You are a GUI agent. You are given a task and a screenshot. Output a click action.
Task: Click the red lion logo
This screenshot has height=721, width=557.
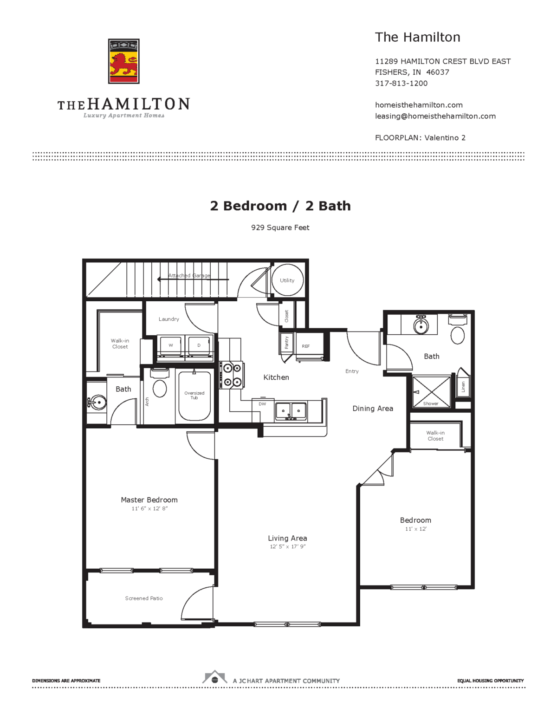coord(123,61)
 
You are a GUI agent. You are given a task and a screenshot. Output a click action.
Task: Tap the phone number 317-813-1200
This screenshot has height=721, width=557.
coord(401,84)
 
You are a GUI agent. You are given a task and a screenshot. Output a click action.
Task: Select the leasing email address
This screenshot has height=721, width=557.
coord(435,116)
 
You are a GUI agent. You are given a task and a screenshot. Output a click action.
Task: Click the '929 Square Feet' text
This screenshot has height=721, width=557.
coord(280,227)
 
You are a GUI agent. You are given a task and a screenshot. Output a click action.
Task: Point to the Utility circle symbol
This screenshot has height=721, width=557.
coord(287,280)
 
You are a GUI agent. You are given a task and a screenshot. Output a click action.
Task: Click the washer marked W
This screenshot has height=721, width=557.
coord(171,345)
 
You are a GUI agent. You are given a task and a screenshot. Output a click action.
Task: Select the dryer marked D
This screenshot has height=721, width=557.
coord(199,345)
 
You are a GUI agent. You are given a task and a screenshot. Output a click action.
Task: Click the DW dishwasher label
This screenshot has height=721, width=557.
coord(262,404)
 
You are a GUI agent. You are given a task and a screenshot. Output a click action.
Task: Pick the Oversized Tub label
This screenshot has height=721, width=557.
coord(194,395)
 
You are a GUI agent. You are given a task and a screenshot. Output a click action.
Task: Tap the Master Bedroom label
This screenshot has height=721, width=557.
coord(149,500)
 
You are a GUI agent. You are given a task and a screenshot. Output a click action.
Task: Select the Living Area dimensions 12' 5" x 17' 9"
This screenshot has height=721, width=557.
coord(287,547)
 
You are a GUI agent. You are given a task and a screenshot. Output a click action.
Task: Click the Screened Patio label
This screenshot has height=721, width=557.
coord(144,598)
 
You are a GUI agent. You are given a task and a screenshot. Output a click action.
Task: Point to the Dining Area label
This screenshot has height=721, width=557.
coord(373,409)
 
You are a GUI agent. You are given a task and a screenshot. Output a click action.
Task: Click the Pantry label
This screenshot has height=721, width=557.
coord(286,343)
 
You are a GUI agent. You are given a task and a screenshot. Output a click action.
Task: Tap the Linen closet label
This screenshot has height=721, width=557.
coord(463,386)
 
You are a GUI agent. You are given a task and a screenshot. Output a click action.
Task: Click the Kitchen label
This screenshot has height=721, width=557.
coord(276,377)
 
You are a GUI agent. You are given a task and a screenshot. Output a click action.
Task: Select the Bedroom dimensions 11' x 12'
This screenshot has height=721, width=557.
coord(415,529)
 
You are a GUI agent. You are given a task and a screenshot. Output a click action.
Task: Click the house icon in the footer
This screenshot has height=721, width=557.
coord(214,678)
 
